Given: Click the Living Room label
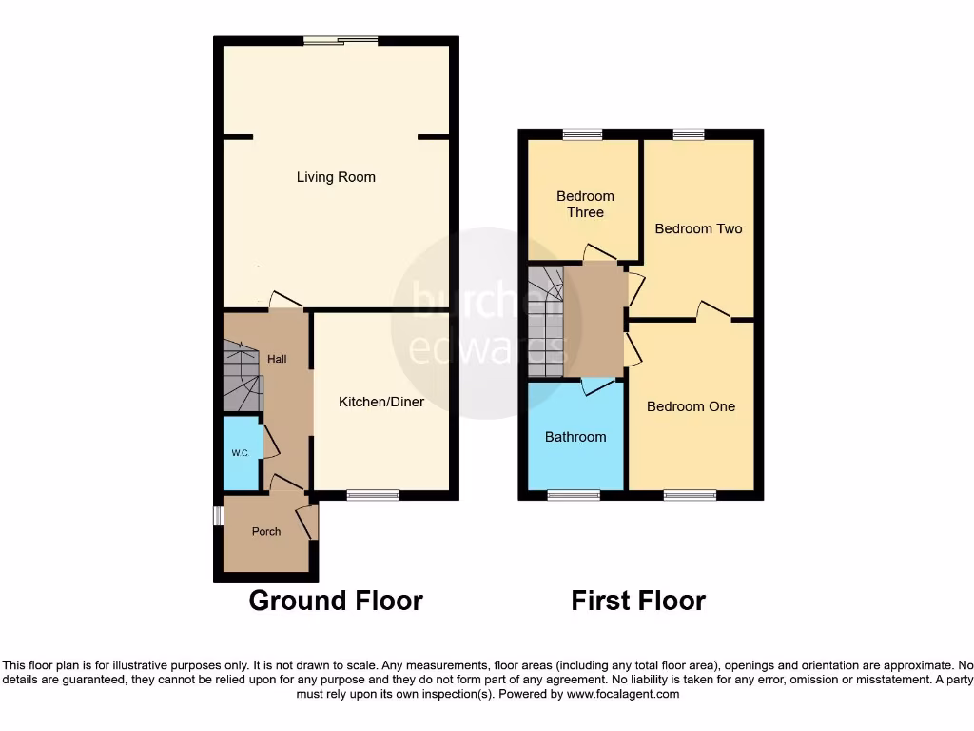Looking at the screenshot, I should (336, 177).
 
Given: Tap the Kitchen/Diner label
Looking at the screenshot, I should (381, 403).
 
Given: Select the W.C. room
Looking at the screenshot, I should (240, 453).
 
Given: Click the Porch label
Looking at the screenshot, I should (266, 531).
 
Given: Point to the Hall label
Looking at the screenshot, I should (277, 359).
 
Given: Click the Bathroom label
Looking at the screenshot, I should (575, 437).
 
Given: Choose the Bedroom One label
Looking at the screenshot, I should (691, 406).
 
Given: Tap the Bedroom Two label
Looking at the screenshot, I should (698, 228).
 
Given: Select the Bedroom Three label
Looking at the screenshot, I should (585, 205).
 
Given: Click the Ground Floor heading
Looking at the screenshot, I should (336, 601).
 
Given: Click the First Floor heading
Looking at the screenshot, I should (638, 601).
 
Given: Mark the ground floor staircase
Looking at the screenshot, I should (242, 376).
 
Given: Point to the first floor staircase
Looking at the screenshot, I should (546, 322).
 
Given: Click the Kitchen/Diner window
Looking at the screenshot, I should (373, 495).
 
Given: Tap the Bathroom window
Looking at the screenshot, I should (574, 495).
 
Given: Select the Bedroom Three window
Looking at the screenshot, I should (581, 135).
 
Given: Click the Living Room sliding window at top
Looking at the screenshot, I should (341, 40).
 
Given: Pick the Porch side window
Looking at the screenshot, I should (217, 516).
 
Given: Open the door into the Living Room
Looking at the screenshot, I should (285, 300).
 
